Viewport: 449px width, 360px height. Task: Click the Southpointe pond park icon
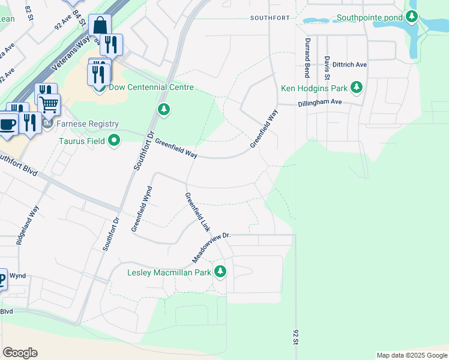tap(412, 17)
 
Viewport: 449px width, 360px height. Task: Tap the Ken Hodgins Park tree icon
tap(357, 88)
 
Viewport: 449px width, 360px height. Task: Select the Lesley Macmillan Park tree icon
tap(220, 272)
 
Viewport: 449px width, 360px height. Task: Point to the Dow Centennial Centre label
tap(151, 87)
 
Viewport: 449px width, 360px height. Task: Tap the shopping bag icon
tap(100, 26)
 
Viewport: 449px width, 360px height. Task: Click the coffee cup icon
tap(8, 124)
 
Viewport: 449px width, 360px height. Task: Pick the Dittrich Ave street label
tap(349, 64)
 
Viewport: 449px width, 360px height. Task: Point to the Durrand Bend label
tap(307, 50)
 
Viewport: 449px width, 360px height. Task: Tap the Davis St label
tap(327, 68)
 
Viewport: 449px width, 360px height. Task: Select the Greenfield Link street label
tap(197, 212)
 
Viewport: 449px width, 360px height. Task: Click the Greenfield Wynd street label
tap(142, 208)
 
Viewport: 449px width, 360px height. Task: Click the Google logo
tap(20, 353)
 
